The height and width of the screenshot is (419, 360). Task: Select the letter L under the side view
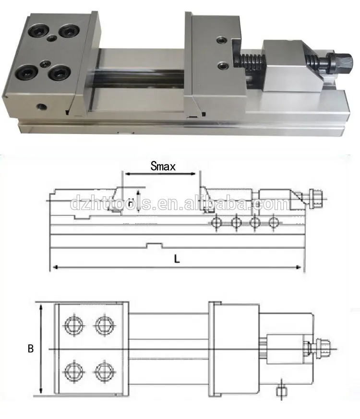[177, 259]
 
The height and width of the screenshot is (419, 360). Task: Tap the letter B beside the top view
[30, 349]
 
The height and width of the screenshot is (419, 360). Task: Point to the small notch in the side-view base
[153, 246]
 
